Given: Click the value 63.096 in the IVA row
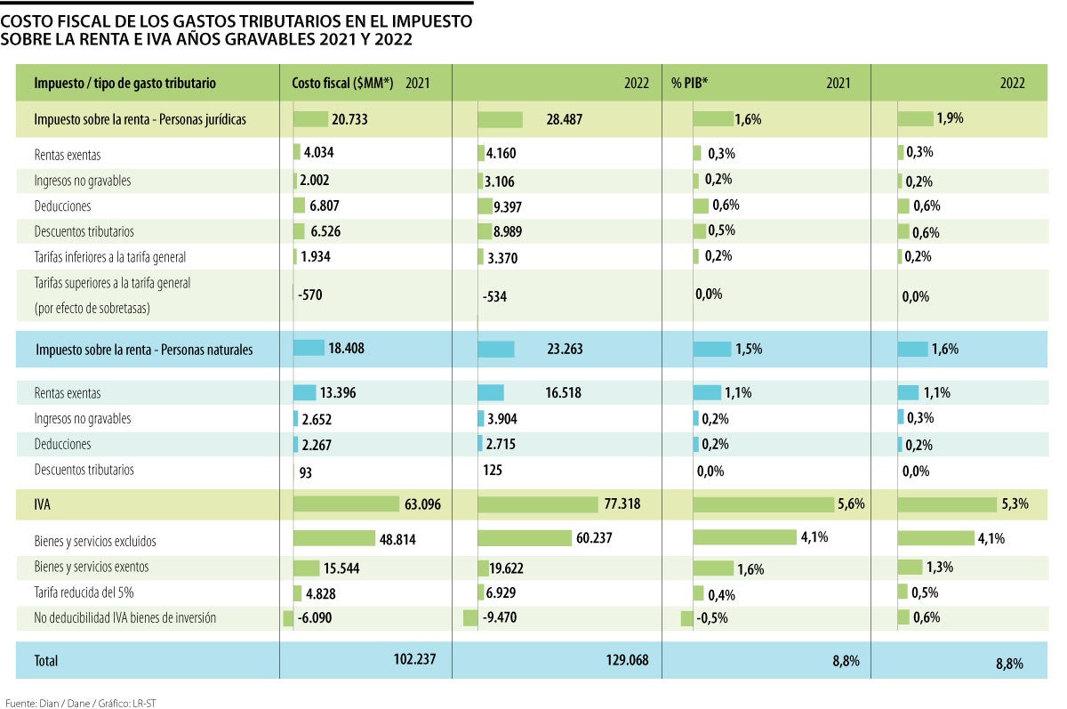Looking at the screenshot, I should pyautogui.click(x=422, y=505).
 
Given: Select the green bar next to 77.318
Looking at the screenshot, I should pyautogui.click(x=538, y=505).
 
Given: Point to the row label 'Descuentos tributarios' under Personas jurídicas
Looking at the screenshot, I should pyautogui.click(x=84, y=231).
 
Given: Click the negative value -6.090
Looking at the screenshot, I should pyautogui.click(x=317, y=618).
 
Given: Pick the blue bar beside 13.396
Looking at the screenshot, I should pyautogui.click(x=305, y=392).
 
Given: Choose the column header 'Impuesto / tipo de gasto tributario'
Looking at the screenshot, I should pyautogui.click(x=124, y=83).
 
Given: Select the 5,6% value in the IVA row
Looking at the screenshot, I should pyautogui.click(x=850, y=504).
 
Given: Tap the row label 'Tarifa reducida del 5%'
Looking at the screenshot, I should pyautogui.click(x=84, y=592).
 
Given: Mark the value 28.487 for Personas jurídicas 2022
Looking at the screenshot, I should pyautogui.click(x=559, y=119).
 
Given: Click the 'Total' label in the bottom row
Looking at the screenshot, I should pyautogui.click(x=45, y=661).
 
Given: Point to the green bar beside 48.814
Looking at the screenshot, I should pyautogui.click(x=334, y=538).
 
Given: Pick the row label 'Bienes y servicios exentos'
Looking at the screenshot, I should pyautogui.click(x=92, y=567).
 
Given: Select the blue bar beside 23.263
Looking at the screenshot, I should pyautogui.click(x=496, y=350).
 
